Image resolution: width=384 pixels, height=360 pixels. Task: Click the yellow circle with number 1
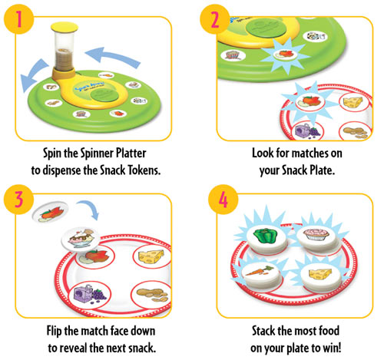tap(19, 19)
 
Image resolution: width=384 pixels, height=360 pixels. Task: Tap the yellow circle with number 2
tap(215, 19)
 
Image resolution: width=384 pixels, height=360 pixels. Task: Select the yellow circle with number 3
tap(19, 200)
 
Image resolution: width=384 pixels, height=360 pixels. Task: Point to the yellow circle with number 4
tap(223, 200)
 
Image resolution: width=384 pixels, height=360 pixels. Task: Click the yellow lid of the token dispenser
tap(65, 27)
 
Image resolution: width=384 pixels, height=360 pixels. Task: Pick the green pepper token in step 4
tap(266, 237)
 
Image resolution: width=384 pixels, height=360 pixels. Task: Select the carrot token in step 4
tap(260, 274)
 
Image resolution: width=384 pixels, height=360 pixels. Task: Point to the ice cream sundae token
tap(81, 239)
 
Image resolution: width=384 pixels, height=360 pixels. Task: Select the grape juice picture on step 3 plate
tap(90, 295)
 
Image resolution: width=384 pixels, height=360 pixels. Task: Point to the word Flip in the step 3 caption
tap(54, 331)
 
